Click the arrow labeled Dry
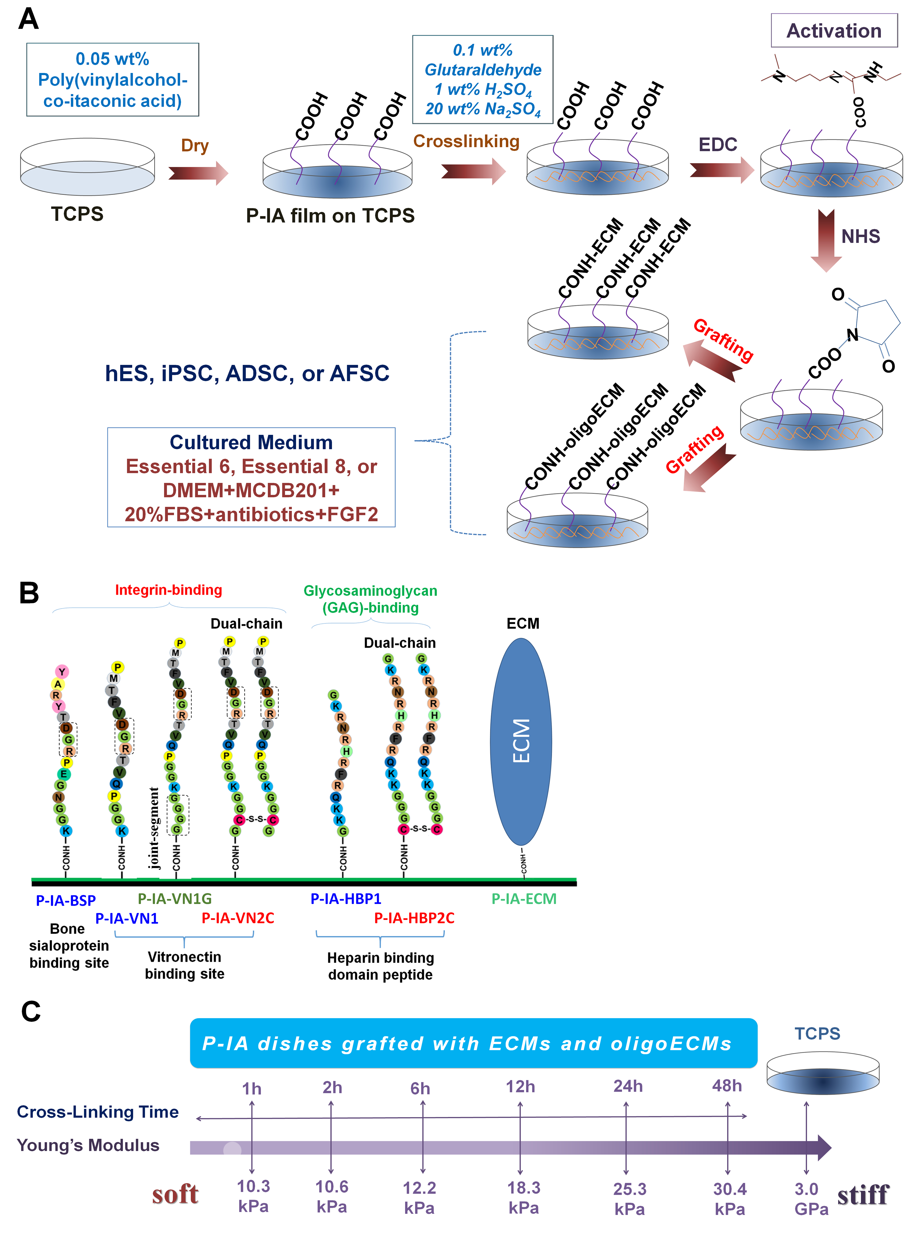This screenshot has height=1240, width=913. coord(198,173)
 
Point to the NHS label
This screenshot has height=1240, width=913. coord(860,236)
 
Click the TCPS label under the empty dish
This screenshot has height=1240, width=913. coord(77,214)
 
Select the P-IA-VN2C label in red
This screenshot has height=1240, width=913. coord(238,918)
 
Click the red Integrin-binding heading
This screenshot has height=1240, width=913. coord(168,590)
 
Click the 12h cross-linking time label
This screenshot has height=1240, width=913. coord(520,1087)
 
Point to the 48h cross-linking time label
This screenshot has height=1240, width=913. coord(727,1085)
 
